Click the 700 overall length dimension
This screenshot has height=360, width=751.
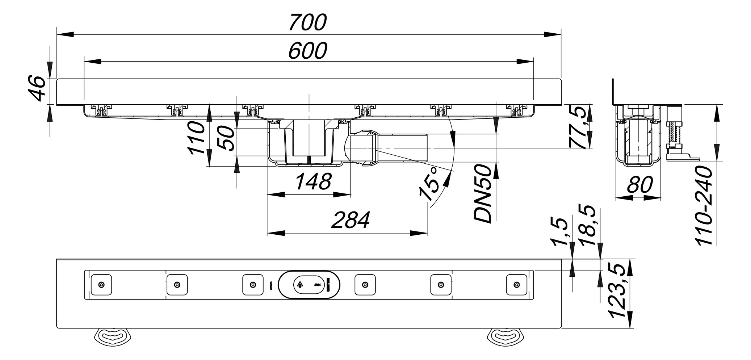(308, 22)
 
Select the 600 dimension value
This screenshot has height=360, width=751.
(308, 51)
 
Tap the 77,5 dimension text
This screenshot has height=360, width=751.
(579, 127)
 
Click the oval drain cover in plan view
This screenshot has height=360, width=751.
(309, 285)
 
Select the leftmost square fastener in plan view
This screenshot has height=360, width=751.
(101, 285)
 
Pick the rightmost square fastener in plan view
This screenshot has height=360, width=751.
(517, 285)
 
